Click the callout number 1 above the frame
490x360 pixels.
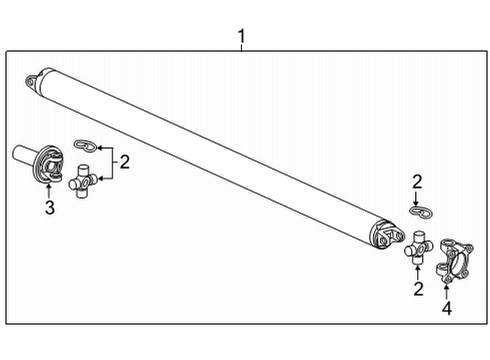241,38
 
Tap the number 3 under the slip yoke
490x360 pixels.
46,208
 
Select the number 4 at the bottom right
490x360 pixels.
447,308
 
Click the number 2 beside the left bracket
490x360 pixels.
125,162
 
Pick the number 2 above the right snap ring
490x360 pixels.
417,181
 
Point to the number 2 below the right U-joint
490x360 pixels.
418,289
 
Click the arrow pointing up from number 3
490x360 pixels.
46,188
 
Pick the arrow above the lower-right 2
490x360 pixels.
418,270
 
